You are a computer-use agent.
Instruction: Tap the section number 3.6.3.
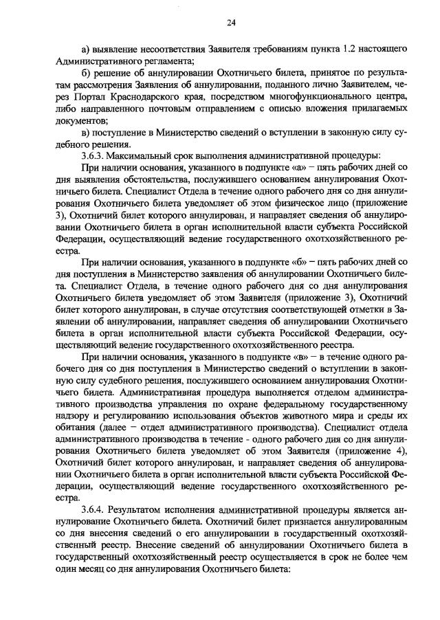click(94, 155)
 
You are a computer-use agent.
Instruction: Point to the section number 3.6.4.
click(94, 510)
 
